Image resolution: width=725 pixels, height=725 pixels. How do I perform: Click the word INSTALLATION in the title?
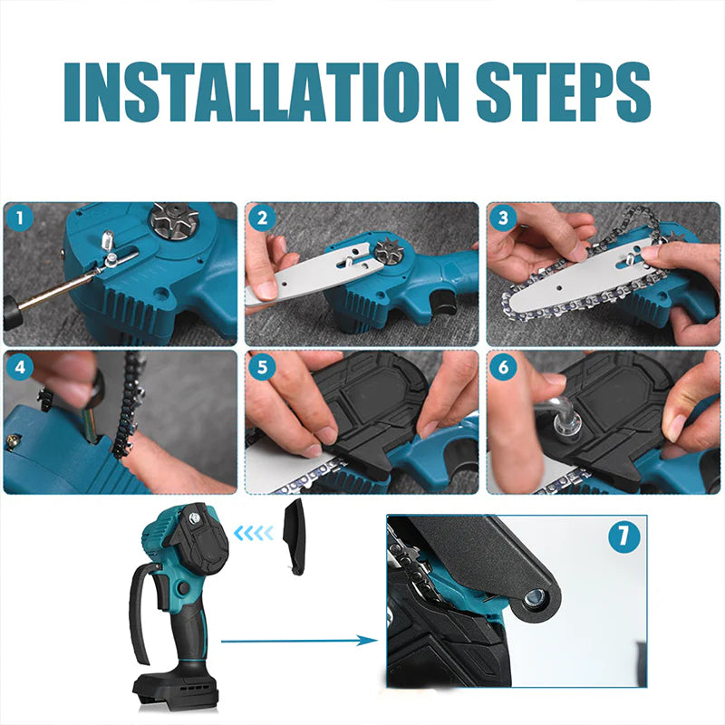261,92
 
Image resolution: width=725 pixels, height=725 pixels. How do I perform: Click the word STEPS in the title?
564,92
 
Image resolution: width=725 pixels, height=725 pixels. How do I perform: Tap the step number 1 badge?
19,217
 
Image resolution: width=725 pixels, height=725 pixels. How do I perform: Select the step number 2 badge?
262,218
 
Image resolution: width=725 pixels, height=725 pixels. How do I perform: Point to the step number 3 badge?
504,217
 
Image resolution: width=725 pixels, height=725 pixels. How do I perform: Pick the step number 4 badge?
20,367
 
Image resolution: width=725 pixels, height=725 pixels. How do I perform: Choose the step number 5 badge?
262,367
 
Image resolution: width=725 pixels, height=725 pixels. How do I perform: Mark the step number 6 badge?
504,367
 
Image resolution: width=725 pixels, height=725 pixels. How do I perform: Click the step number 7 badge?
624,537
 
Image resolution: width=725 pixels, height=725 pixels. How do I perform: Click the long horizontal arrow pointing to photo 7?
299,641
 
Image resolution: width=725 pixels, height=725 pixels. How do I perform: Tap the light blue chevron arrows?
254,533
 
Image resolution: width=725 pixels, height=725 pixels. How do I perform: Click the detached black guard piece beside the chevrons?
295,536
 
